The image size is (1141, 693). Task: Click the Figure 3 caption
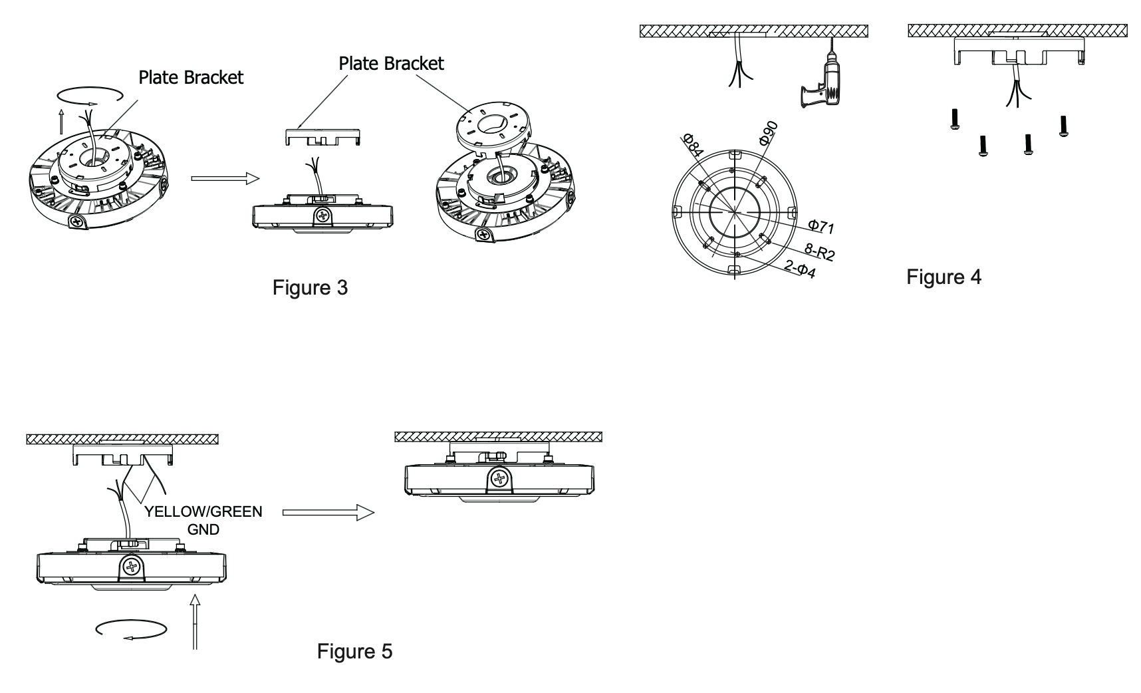pos(310,287)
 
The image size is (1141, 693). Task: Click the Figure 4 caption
pos(944,277)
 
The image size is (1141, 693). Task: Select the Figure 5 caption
pos(354,650)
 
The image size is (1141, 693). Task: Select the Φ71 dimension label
pos(821,227)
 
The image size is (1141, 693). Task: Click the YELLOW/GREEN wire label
pos(203,511)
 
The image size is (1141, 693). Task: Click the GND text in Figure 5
pos(203,529)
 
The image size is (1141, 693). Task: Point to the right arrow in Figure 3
pos(223,178)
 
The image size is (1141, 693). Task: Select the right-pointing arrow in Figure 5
pos(328,513)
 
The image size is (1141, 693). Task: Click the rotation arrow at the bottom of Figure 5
pos(130,629)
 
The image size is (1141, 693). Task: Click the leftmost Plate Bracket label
pos(191,77)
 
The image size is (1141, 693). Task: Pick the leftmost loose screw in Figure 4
pos(954,121)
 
